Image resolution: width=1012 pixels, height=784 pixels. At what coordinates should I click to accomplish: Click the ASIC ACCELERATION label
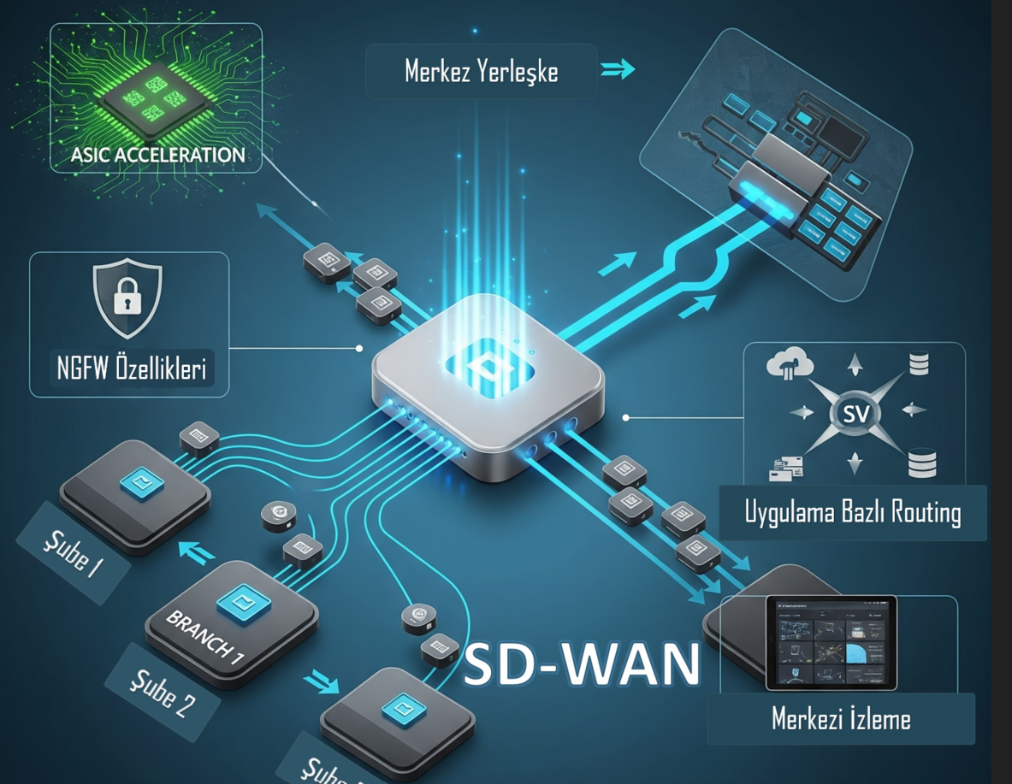[x=158, y=155]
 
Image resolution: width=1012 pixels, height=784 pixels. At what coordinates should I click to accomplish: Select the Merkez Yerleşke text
[x=481, y=71]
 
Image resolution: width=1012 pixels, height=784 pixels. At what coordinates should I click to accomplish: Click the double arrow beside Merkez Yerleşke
[x=618, y=69]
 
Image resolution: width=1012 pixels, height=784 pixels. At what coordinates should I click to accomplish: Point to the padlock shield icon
[x=127, y=298]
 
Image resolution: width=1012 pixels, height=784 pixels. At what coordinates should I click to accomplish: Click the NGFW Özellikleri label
[x=129, y=371]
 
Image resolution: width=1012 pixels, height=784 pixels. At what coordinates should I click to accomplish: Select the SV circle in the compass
[x=855, y=416]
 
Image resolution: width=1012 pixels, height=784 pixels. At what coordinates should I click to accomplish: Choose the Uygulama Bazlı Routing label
[x=853, y=513]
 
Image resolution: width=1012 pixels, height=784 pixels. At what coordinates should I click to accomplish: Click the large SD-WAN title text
[x=581, y=664]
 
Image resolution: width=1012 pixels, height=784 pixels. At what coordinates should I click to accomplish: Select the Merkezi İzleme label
[x=841, y=719]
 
